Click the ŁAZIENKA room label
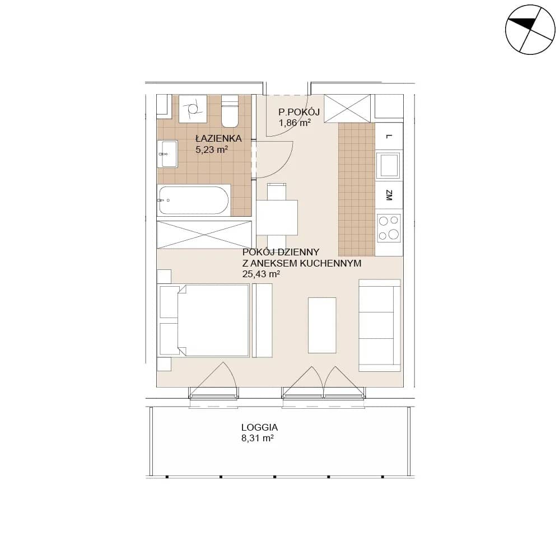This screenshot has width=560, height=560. tap(218, 138)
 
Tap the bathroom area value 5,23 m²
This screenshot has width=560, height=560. tap(212, 150)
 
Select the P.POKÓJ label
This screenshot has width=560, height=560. tap(299, 112)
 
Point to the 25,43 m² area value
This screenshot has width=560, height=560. tap(261, 274)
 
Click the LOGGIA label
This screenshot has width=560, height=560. tap(260, 427)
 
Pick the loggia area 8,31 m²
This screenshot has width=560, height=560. tap(258, 438)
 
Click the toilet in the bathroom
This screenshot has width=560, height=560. tap(230, 111)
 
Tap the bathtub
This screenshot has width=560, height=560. tap(193, 200)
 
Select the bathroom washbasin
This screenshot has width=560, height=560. tap(167, 153)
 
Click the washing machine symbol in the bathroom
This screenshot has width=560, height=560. tap(193, 109)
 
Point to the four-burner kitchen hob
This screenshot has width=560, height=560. tap(389, 228)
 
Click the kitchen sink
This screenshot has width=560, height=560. tap(389, 165)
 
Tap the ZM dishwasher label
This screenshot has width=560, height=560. tap(389, 195)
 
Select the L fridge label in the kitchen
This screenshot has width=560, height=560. tap(389, 137)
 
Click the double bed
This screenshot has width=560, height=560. tap(204, 320)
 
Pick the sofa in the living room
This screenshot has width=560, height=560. tap(379, 325)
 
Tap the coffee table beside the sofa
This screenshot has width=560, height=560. tap(322, 325)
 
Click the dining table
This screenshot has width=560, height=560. tap(277, 217)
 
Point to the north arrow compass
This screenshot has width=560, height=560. tap(530, 30)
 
